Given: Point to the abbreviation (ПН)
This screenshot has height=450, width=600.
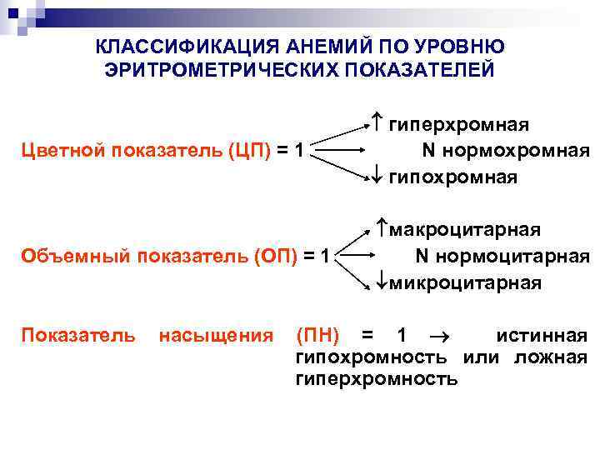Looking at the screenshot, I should pos(317,336).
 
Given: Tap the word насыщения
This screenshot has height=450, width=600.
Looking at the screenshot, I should pos(215,336).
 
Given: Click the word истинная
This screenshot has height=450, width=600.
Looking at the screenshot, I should pos(542,336).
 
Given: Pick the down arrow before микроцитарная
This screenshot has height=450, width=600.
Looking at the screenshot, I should pos(376,282).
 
